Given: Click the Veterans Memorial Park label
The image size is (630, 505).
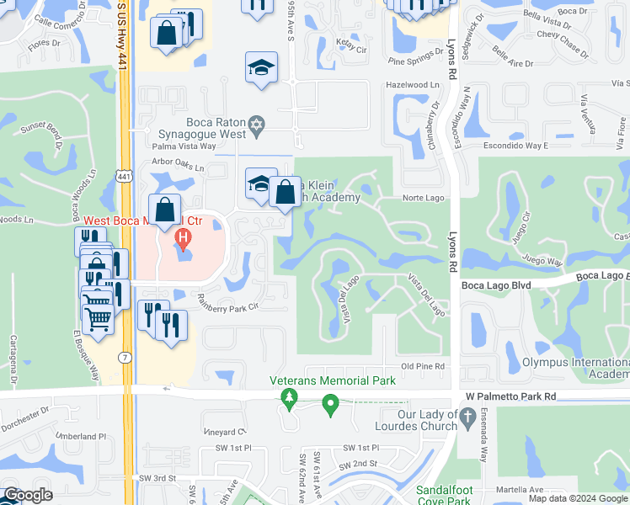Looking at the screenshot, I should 333,380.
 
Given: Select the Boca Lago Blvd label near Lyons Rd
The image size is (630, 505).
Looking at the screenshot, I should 496,285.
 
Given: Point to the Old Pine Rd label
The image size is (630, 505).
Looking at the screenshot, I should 422,366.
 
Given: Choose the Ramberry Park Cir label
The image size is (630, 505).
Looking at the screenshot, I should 227,307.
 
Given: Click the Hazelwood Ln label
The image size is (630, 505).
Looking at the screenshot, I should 412,85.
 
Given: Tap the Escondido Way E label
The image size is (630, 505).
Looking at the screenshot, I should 515,145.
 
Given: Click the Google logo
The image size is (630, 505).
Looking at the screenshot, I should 29,495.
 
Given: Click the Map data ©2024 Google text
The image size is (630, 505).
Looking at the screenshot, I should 577,498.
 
